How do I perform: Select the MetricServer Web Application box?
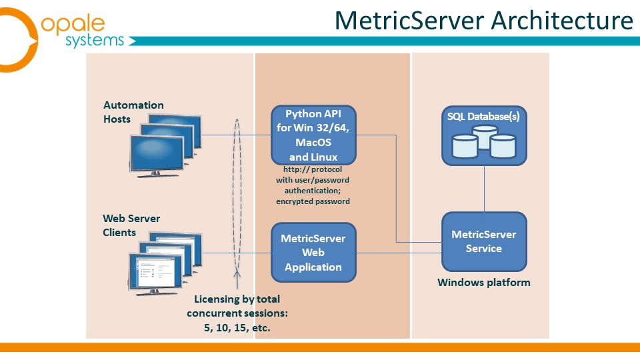[313, 253]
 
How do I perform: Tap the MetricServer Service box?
[484, 241]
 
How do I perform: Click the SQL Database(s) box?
[484, 135]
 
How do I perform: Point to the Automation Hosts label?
[133, 112]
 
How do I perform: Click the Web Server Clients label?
[131, 225]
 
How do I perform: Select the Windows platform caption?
[484, 283]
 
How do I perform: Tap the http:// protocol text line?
[313, 169]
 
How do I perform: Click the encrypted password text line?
[313, 201]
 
